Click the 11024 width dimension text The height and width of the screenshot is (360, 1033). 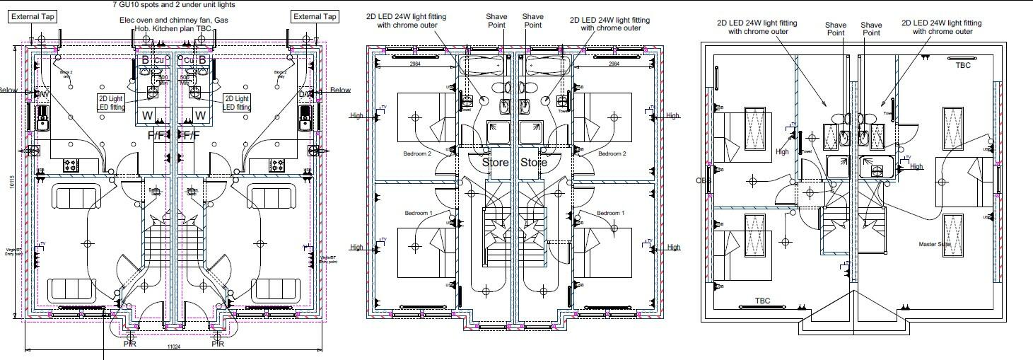click(x=174, y=347)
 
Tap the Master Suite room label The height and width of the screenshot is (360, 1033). click(x=935, y=245)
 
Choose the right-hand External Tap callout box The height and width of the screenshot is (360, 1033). click(x=315, y=16)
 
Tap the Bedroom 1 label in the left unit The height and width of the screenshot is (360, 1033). click(x=417, y=213)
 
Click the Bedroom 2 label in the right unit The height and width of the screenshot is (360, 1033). click(x=612, y=153)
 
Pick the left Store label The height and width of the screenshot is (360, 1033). click(x=496, y=162)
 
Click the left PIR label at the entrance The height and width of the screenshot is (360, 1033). click(x=129, y=344)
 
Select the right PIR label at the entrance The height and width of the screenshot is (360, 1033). click(x=218, y=344)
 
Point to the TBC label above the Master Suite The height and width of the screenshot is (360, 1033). click(x=963, y=65)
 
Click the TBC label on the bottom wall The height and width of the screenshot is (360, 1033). click(x=762, y=301)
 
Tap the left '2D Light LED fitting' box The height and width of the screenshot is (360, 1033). click(x=111, y=103)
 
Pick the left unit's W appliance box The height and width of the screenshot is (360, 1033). click(x=148, y=115)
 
